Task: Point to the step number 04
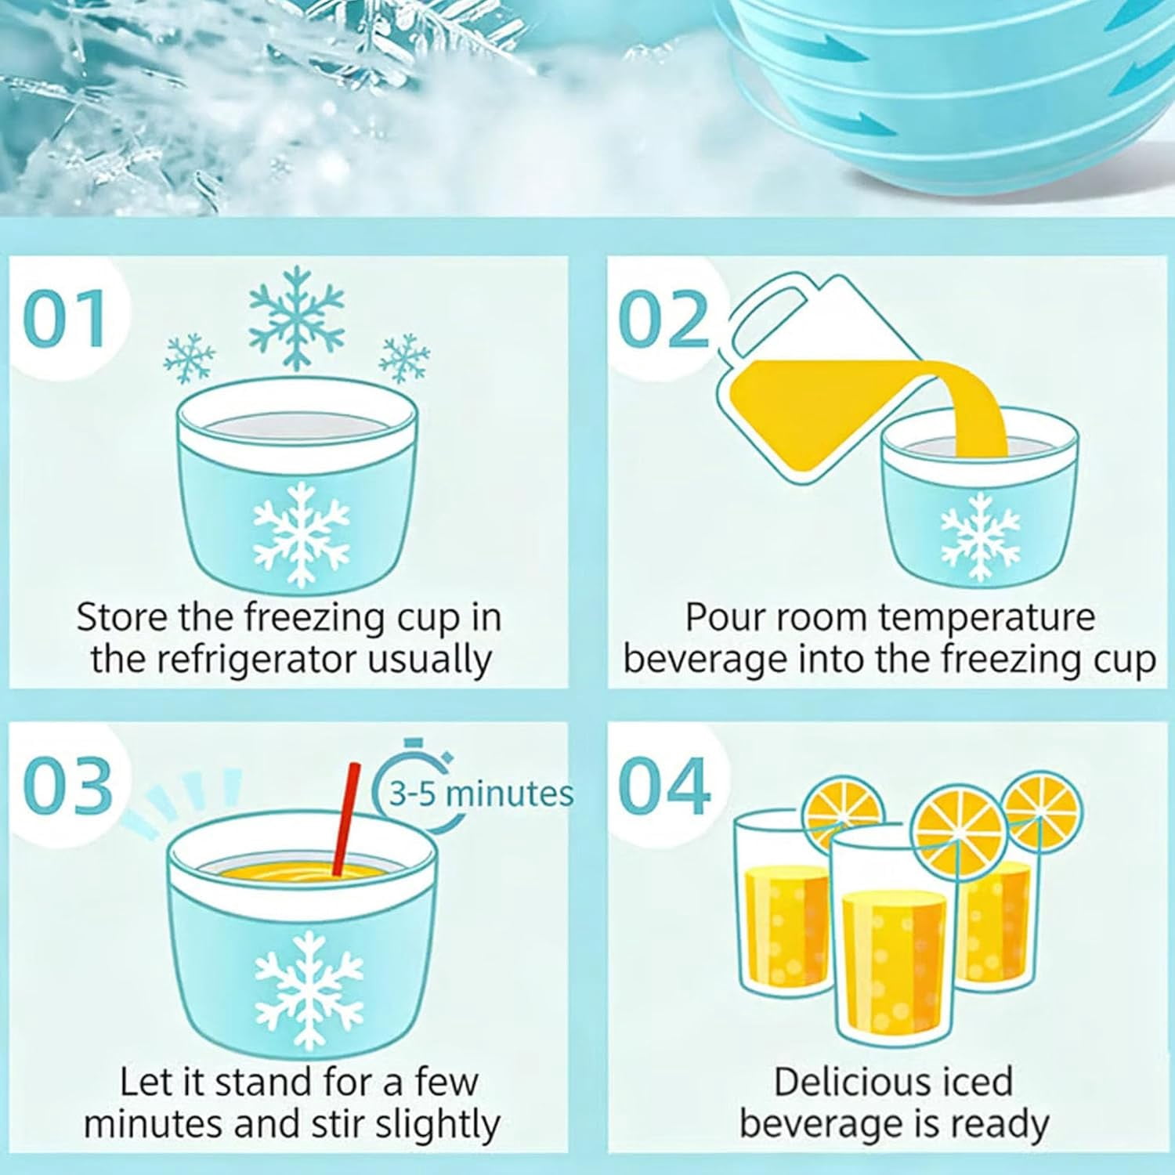[x=665, y=786]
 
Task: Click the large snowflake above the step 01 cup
[x=296, y=317]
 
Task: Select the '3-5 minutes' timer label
[x=482, y=794]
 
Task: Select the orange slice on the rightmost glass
[x=1043, y=811]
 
